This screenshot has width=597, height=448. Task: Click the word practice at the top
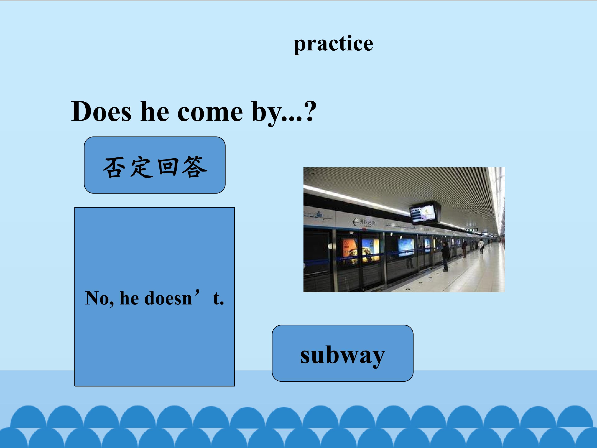pos(333,44)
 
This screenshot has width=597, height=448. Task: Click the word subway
pos(342,355)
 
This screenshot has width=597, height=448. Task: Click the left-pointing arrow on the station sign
pos(355,222)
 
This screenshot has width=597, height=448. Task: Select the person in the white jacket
pos(481,246)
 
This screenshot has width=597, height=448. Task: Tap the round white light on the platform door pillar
pos(330,246)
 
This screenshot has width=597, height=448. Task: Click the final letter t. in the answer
pos(218,298)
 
